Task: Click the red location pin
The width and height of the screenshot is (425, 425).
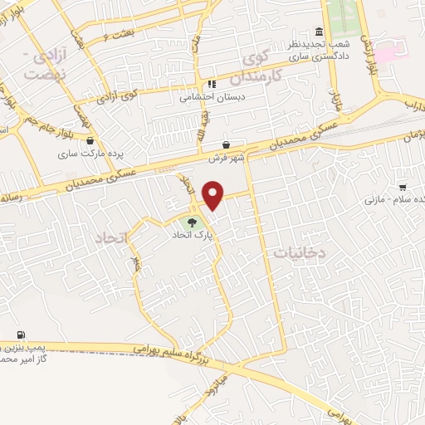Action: click(x=214, y=195)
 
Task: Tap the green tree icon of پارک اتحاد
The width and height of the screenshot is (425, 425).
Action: click(x=193, y=222)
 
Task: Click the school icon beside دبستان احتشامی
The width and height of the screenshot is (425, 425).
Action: click(x=212, y=84)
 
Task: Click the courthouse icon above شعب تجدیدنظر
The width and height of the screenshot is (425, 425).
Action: click(x=320, y=30)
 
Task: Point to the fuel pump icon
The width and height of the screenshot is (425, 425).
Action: click(x=19, y=335)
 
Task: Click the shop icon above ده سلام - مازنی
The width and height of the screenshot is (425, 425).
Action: click(x=403, y=188)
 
